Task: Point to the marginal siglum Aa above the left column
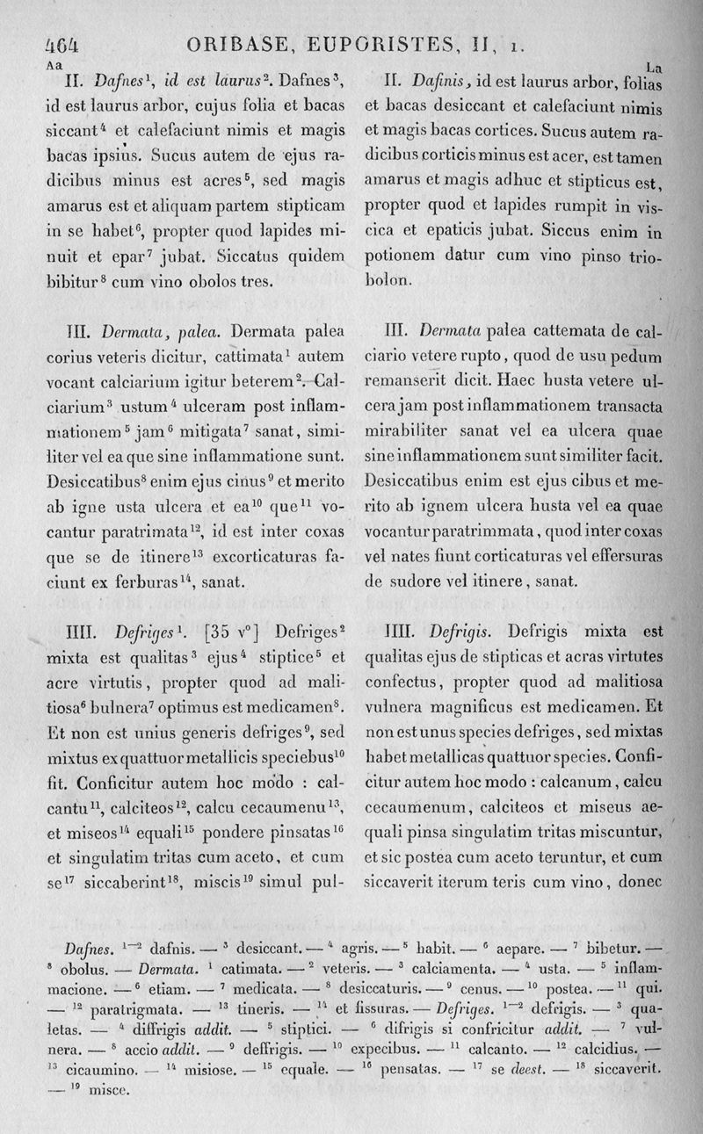(x=53, y=64)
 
